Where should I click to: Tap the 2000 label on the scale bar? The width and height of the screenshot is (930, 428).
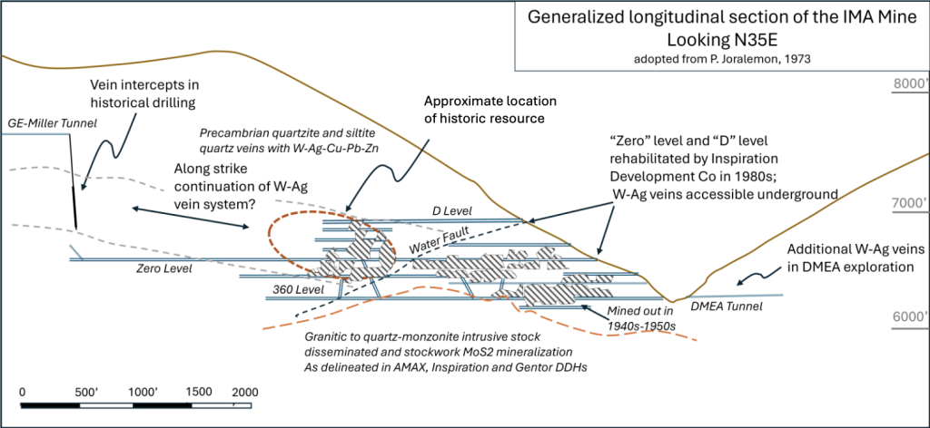(243, 392)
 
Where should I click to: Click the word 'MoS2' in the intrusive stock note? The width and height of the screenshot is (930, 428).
(519, 352)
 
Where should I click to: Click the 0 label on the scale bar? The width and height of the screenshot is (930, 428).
(22, 392)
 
